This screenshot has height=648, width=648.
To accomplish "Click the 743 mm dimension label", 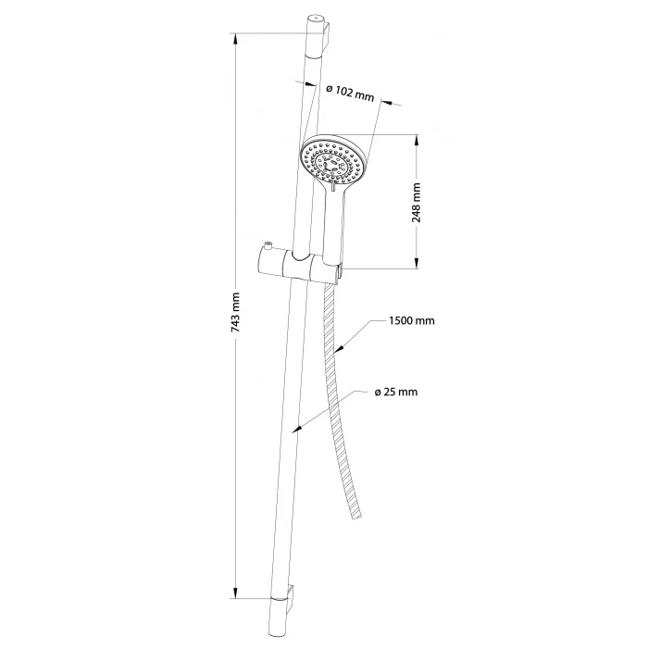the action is tap(235, 313).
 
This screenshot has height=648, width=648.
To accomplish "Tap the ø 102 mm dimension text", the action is tap(350, 93).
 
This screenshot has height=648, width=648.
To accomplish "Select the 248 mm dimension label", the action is tap(417, 203).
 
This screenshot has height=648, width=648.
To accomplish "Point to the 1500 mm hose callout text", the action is tap(412, 320).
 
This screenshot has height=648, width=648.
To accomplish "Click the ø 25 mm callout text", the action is tap(396, 392).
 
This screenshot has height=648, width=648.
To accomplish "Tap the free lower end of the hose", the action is tap(357, 516).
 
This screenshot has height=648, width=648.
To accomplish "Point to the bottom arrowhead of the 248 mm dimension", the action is tap(417, 261).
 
